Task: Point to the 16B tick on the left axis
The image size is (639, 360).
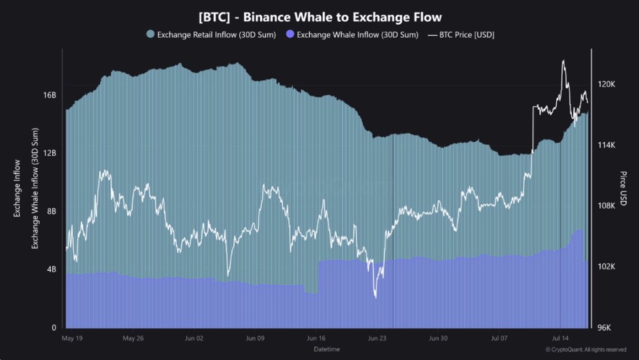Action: point(50,95)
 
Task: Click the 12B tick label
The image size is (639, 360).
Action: point(50,153)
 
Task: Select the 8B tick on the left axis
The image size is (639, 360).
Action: point(52,211)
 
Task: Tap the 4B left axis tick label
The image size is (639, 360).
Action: point(52,269)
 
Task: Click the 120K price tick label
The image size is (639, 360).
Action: point(606,84)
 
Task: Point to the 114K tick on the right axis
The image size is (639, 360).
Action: point(606,145)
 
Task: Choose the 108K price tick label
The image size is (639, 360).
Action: point(606,206)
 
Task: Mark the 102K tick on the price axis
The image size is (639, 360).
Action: point(606,267)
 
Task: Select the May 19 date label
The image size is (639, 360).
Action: point(72,338)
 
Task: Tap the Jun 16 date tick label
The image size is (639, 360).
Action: point(316,338)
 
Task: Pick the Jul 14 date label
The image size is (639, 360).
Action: point(561,338)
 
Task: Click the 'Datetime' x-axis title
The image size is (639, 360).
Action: point(326,350)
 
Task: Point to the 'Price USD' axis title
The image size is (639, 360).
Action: point(623,189)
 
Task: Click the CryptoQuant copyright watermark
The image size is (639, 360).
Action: point(586,350)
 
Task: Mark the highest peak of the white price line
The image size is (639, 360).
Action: point(563,61)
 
